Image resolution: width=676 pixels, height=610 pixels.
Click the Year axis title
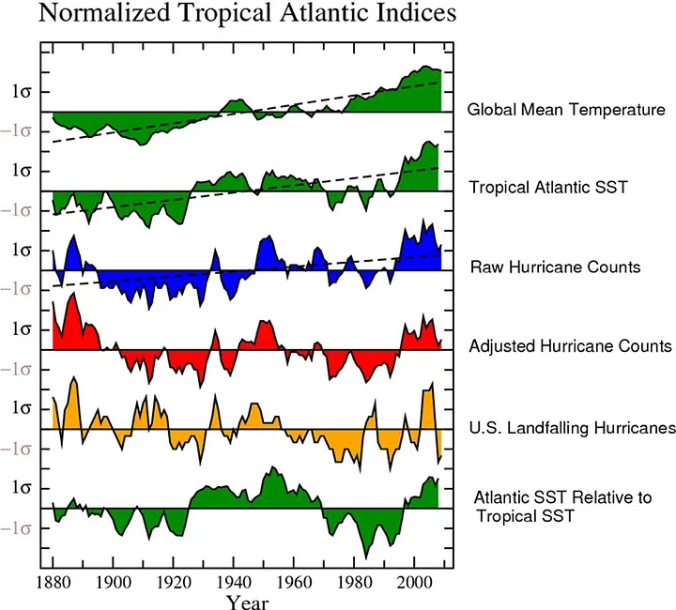[247, 600]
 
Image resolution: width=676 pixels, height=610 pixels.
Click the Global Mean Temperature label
[567, 110]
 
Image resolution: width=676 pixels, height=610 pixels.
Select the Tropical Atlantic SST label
[548, 189]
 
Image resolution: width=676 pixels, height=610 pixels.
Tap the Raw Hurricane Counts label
[555, 267]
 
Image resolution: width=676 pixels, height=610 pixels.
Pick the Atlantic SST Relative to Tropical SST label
[562, 506]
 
